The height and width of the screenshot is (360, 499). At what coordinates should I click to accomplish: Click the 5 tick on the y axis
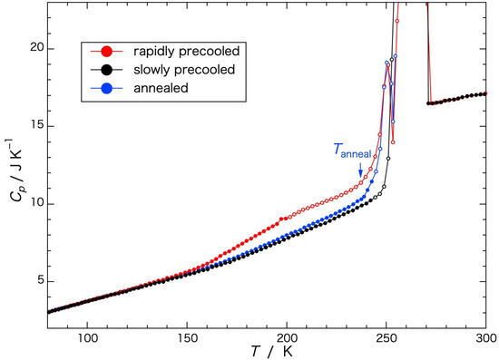[x=36, y=281]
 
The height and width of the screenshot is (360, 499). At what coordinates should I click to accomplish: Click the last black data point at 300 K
[x=485, y=93]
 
